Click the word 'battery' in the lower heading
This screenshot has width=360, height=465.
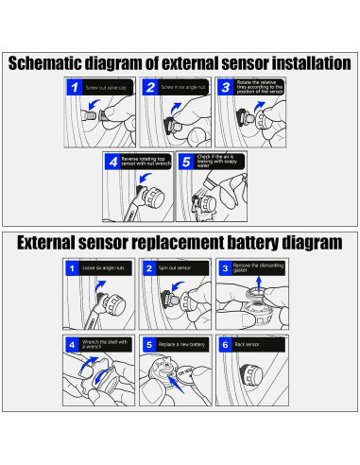click(240, 243)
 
